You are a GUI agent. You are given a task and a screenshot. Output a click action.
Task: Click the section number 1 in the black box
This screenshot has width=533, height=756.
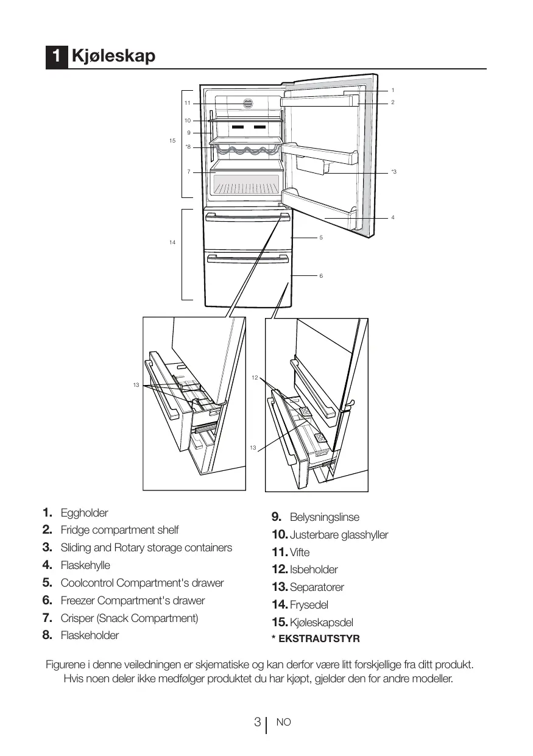[x=56, y=57]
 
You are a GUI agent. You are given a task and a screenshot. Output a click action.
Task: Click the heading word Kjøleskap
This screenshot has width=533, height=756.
[x=113, y=57]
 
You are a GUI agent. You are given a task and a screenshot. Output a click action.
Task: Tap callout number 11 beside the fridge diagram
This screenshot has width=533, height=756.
[x=188, y=103]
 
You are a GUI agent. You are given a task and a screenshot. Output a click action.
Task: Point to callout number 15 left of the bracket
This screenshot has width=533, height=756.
[x=172, y=141]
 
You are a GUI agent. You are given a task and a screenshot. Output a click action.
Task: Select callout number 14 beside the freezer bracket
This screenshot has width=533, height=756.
[x=172, y=242]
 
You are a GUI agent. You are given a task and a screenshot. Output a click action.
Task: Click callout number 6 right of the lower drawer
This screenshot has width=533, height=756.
[x=321, y=276]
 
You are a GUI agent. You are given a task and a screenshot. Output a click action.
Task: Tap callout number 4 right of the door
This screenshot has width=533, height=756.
[x=393, y=217]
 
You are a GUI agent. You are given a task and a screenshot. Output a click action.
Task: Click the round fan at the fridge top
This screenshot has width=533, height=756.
[x=248, y=104]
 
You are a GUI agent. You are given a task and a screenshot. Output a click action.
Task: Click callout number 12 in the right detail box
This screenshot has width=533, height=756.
[x=255, y=378]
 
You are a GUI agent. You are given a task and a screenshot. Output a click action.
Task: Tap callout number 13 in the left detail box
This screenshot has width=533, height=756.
[x=136, y=385]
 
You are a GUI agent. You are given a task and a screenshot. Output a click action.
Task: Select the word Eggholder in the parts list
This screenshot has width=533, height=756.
[x=84, y=513]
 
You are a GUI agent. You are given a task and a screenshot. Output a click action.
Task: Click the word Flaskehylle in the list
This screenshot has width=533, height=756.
[x=85, y=565]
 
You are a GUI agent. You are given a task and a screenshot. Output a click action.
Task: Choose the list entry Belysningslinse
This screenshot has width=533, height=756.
[x=325, y=517]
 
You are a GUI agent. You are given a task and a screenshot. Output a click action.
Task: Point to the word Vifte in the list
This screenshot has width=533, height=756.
[x=300, y=553]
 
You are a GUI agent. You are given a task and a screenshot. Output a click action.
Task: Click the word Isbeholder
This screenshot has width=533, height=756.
[x=314, y=570]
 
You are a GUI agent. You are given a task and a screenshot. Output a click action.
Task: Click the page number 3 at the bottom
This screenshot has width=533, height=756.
[x=258, y=722]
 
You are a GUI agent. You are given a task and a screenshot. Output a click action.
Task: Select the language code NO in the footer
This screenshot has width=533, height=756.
[x=284, y=722]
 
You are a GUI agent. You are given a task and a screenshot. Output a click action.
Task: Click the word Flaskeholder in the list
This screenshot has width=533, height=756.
[x=90, y=635]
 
